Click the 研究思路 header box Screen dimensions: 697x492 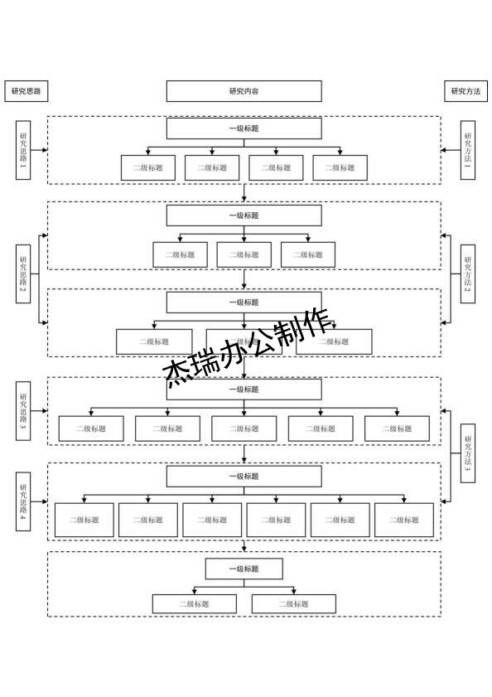(27, 91)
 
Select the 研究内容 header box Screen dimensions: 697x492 (244, 91)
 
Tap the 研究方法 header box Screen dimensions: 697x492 (465, 91)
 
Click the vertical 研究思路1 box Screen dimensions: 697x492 (24, 150)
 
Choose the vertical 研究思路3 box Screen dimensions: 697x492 (24, 412)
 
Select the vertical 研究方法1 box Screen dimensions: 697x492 (468, 150)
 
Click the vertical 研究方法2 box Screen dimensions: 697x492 (468, 273)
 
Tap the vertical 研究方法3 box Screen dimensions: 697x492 (468, 453)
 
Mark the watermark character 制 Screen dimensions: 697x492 (285, 332)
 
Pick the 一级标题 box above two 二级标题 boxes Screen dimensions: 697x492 (244, 569)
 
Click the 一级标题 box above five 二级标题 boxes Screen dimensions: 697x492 (244, 390)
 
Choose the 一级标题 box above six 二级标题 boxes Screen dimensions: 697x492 (244, 477)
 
